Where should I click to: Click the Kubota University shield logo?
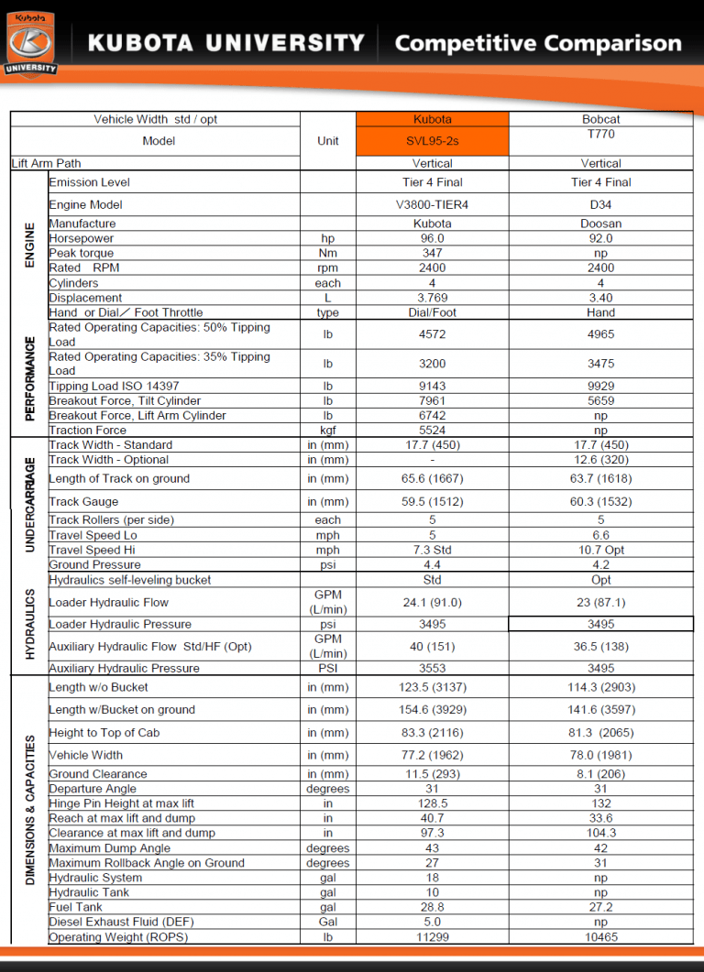31,41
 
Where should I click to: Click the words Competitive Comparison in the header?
538,43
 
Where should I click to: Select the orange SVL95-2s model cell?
432,141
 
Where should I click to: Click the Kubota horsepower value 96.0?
432,238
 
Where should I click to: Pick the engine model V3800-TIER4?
432,204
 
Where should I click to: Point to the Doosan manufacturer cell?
600,224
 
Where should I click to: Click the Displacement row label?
85,298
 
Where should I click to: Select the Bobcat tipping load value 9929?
600,386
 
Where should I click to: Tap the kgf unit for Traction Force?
327,430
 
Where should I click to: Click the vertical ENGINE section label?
28,245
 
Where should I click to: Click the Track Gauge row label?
83,501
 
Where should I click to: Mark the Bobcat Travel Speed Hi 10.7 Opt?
600,550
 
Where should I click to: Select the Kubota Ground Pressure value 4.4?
432,564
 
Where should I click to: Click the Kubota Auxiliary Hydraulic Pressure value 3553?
432,668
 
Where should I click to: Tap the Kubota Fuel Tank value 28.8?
432,907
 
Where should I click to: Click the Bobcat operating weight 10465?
600,937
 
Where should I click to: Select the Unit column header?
327,140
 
